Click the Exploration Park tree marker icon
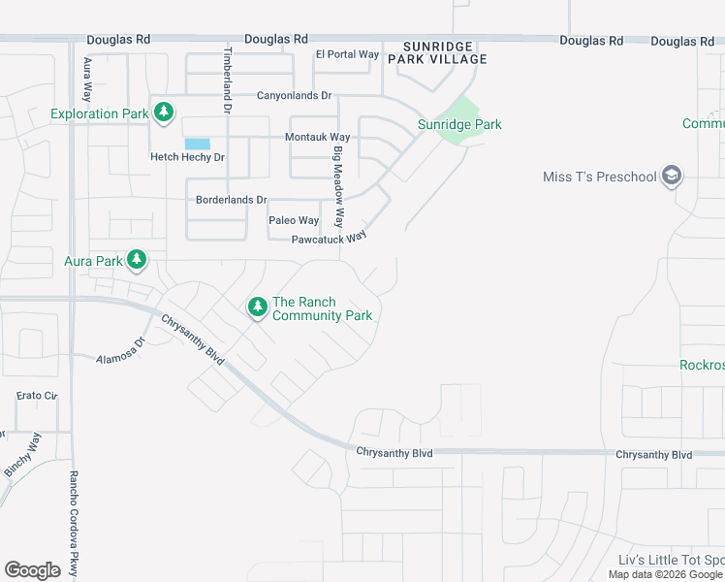pyautogui.click(x=164, y=113)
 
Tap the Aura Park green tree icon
pyautogui.click(x=137, y=259)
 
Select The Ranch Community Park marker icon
pyautogui.click(x=257, y=307)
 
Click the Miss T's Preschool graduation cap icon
pyautogui.click(x=672, y=176)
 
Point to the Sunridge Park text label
pyautogui.click(x=459, y=124)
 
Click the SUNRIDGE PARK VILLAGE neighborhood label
pyautogui.click(x=437, y=52)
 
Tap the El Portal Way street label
pyautogui.click(x=347, y=54)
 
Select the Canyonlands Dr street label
pyautogui.click(x=294, y=96)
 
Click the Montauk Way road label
pyautogui.click(x=317, y=138)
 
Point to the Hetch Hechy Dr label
pyautogui.click(x=187, y=157)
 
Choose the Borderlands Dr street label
pyautogui.click(x=231, y=200)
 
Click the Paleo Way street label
pyautogui.click(x=294, y=220)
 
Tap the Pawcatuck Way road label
pyautogui.click(x=330, y=238)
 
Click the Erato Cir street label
pyautogui.click(x=38, y=396)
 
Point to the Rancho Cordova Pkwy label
pyautogui.click(x=73, y=524)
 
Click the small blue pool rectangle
pyautogui.click(x=197, y=144)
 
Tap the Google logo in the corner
pyautogui.click(x=32, y=569)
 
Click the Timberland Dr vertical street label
pyautogui.click(x=229, y=81)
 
